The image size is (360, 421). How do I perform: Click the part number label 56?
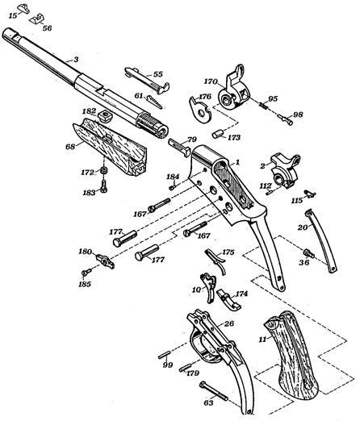(47, 28)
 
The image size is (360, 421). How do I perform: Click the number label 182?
(88, 109)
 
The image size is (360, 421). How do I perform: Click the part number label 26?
(229, 323)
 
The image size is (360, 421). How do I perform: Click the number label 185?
(85, 284)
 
